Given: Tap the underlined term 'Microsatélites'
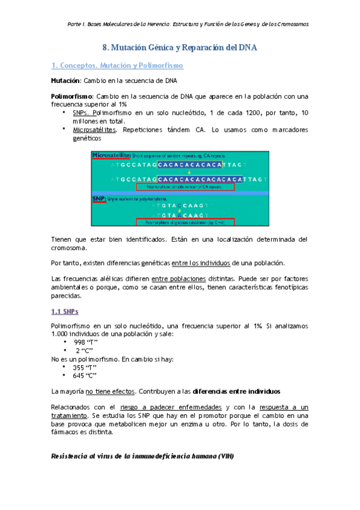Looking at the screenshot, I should coord(92,129).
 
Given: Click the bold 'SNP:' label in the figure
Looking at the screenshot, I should coord(99,198).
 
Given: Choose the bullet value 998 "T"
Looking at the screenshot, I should coord(86,342).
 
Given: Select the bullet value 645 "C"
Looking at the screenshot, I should coord(85,376).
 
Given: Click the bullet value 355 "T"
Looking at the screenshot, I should coord(85,367).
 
